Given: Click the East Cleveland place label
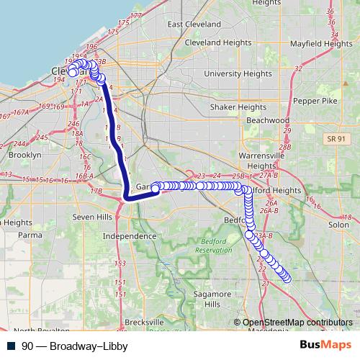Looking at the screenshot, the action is point(195,24).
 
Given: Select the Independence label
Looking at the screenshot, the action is point(130,236).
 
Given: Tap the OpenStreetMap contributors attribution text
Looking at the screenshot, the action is point(297,322).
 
